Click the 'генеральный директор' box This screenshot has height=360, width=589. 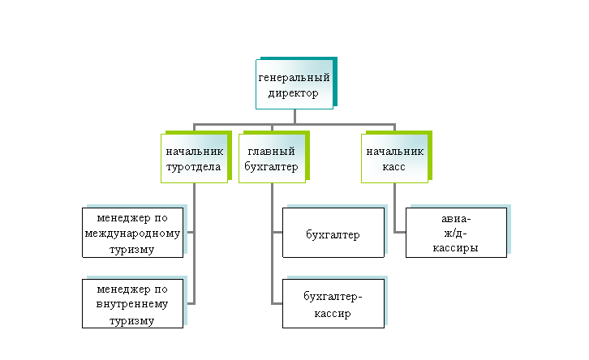[x=294, y=84]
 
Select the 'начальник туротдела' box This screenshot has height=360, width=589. [x=193, y=159]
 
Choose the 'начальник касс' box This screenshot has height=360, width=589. [x=394, y=159]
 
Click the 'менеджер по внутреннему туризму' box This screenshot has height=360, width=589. [x=134, y=304]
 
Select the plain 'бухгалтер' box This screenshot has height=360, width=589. [x=333, y=235]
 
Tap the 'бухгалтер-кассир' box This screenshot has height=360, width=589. [x=333, y=304]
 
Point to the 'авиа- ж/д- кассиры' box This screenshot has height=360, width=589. [x=458, y=234]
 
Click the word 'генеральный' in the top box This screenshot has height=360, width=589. [x=294, y=78]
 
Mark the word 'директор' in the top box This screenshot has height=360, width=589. [x=294, y=92]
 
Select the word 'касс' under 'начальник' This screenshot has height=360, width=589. [x=394, y=167]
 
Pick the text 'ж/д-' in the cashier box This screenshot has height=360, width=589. [x=458, y=234]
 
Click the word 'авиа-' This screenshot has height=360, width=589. [x=458, y=219]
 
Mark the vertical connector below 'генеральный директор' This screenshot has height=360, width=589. [x=294, y=116]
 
